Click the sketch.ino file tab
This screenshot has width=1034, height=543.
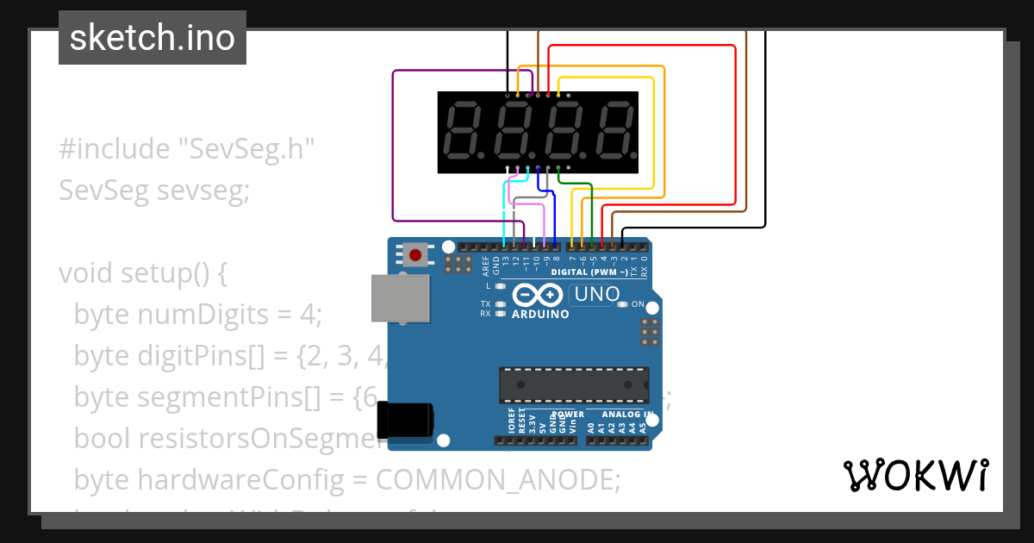pyautogui.click(x=153, y=38)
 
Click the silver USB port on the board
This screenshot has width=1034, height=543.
pyautogui.click(x=400, y=299)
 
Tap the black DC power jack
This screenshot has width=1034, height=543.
pyautogui.click(x=408, y=421)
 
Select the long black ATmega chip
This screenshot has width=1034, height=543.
pyautogui.click(x=574, y=384)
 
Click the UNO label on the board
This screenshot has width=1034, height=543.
pyautogui.click(x=595, y=294)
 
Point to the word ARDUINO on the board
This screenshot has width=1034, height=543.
pyautogui.click(x=540, y=315)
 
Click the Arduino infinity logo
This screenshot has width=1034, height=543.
pyautogui.click(x=539, y=296)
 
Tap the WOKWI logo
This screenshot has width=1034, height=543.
pyautogui.click(x=916, y=475)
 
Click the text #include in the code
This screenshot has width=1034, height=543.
pyautogui.click(x=115, y=149)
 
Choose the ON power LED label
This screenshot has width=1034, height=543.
pyautogui.click(x=638, y=304)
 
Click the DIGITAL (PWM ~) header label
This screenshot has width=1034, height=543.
pyautogui.click(x=584, y=271)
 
